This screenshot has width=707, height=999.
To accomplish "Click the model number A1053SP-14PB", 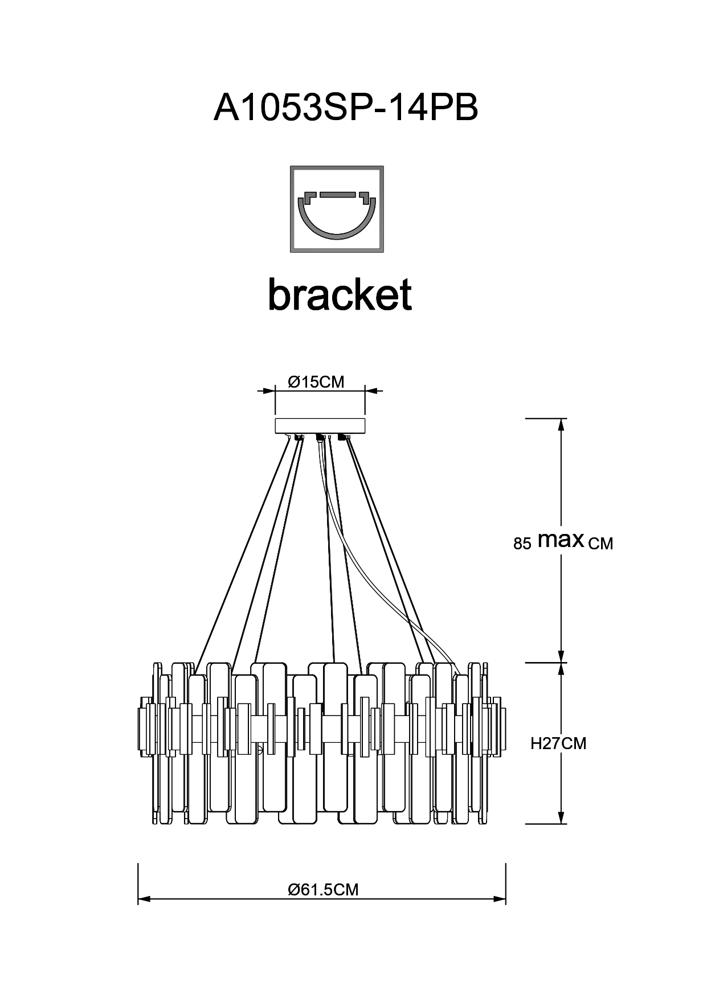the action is point(346,106).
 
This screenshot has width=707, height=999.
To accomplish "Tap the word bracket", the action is point(340,294).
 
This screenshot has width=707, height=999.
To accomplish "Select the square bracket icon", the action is point(337,209).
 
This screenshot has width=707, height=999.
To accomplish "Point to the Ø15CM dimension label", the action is point(316,381).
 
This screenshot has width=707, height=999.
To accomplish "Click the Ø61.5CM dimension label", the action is point(324,889).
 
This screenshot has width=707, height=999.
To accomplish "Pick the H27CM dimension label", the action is point(558,743).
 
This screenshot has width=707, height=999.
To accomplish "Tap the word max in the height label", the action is point(561,540).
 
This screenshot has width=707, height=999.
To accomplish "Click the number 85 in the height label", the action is point(522,544).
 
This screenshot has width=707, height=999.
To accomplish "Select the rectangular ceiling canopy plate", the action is point(320,426).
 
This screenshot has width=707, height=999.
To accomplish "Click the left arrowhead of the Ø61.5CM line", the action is point(144,899).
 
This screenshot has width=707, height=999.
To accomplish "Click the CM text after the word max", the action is point(600,544).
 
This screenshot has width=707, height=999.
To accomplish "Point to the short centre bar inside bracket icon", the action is point(337,195).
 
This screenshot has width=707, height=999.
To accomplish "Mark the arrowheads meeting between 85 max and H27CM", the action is point(562,663).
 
